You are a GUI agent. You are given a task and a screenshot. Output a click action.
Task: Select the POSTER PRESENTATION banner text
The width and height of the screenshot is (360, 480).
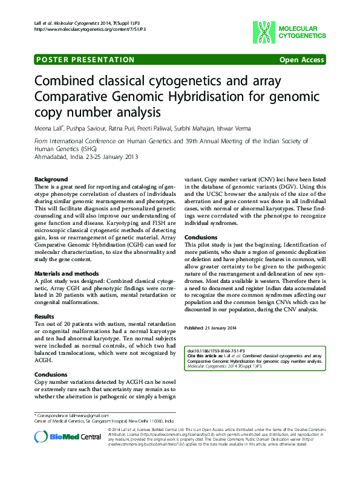(85, 60)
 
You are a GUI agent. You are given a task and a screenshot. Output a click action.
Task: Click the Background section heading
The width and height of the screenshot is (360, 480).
(51, 180)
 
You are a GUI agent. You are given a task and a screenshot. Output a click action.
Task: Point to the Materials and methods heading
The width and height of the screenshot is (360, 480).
(66, 274)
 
